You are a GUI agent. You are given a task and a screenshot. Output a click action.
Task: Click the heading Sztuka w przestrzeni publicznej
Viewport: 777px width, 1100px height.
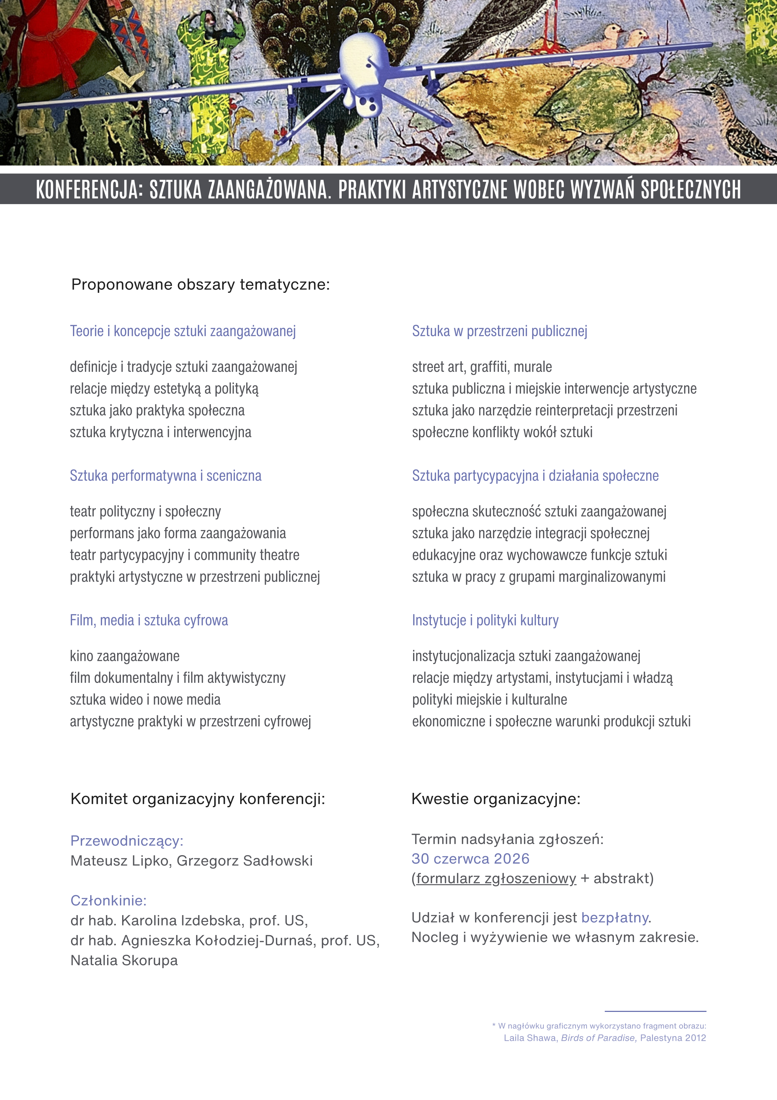click(499, 331)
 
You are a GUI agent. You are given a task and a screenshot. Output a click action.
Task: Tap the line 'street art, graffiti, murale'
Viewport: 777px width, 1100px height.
click(482, 367)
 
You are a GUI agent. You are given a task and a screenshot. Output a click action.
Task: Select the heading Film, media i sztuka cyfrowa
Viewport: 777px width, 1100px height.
click(149, 620)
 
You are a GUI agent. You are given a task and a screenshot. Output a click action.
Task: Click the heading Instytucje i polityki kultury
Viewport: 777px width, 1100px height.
click(485, 620)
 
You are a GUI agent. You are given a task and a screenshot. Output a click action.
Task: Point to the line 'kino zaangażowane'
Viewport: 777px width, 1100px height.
click(124, 656)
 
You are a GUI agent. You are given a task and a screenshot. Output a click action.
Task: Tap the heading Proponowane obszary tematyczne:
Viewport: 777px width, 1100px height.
click(200, 285)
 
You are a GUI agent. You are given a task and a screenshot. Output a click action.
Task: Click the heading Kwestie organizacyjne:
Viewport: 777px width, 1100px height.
click(495, 799)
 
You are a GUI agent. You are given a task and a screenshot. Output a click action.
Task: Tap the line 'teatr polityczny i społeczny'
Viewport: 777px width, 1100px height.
click(145, 511)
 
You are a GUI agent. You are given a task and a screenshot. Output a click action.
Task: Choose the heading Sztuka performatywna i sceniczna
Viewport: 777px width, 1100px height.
click(166, 476)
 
